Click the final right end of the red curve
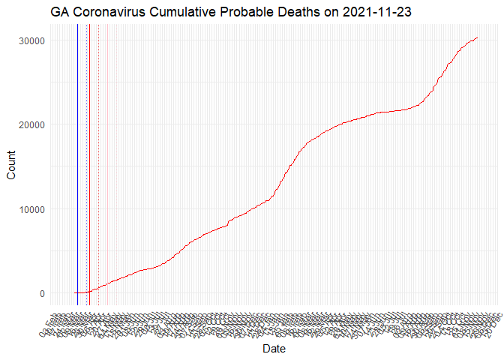click(477, 37)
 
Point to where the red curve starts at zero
click(75, 293)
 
